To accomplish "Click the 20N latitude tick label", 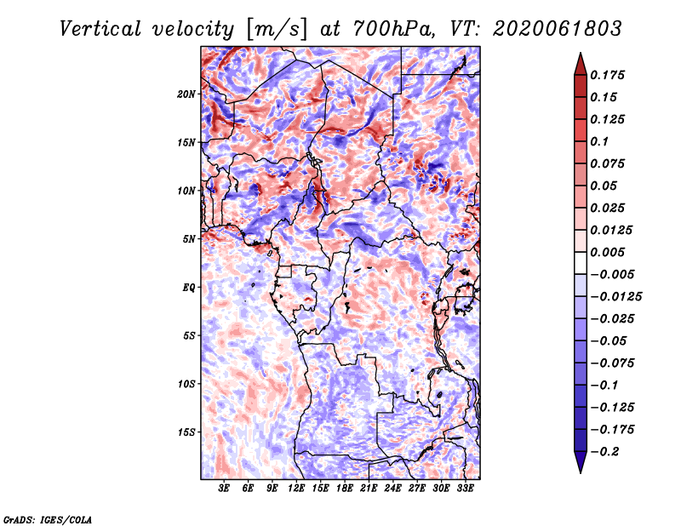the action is point(186,94).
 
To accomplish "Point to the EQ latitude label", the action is point(188,288).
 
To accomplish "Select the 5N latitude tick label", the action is point(189,239).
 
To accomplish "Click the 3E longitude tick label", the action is point(224,488).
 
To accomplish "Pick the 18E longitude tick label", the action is point(345,488).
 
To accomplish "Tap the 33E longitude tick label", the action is point(465,488).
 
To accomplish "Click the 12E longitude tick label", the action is point(296,488).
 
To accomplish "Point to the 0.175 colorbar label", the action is point(607,75).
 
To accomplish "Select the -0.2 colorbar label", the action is point(604,452).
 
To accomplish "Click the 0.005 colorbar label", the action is point(607,252).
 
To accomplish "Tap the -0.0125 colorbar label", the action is point(615,297).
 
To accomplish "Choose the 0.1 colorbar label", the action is point(599,141).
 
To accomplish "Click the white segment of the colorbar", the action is point(581,263).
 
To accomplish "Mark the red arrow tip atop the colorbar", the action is point(581,53).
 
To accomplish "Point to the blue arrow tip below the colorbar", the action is point(581,472).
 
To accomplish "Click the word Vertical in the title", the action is point(100,29).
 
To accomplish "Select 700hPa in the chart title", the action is point(394,29).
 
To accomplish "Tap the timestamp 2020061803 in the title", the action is point(558,29).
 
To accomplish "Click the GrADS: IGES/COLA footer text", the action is point(48,520).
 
